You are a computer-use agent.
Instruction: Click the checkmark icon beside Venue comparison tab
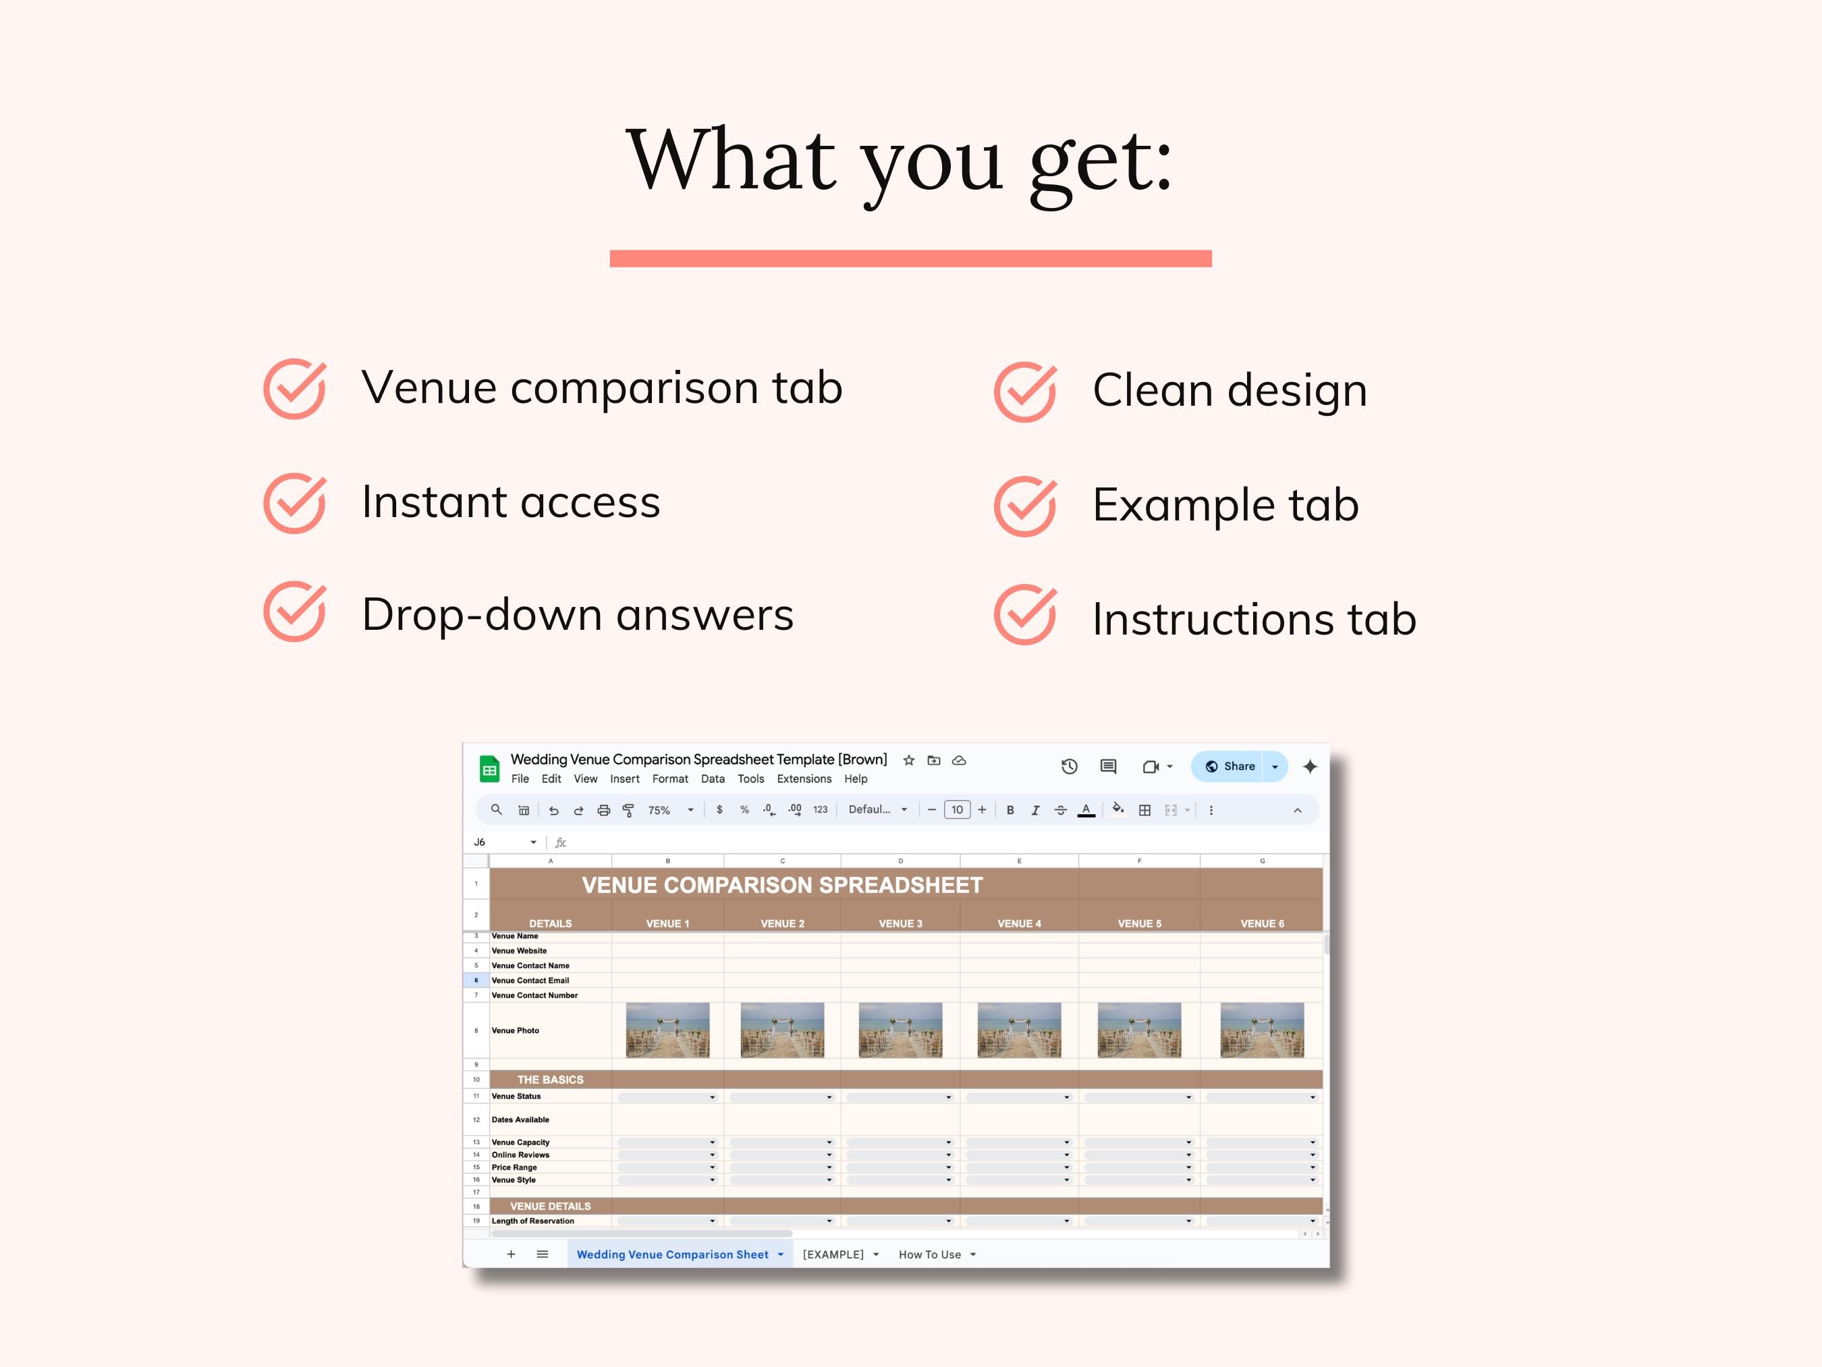point(294,388)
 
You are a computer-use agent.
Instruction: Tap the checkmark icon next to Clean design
point(1024,392)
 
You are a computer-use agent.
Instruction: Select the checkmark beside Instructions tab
point(1024,615)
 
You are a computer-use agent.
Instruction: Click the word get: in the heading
point(1101,163)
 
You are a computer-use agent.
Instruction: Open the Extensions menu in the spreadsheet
point(804,778)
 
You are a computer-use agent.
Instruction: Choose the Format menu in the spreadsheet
point(669,778)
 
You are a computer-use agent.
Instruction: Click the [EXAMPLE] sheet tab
point(833,1254)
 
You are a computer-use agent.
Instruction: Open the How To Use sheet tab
point(930,1254)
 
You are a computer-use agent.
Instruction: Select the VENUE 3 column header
point(900,923)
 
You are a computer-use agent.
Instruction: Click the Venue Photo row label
point(516,1031)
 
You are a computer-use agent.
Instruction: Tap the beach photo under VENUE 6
point(1262,1030)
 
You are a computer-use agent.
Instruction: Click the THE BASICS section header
point(550,1079)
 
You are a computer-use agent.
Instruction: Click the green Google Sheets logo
point(490,769)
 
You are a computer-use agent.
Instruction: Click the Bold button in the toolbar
point(1010,810)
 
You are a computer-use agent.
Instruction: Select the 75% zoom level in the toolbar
point(659,811)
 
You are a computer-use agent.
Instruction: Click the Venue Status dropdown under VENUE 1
point(667,1098)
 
